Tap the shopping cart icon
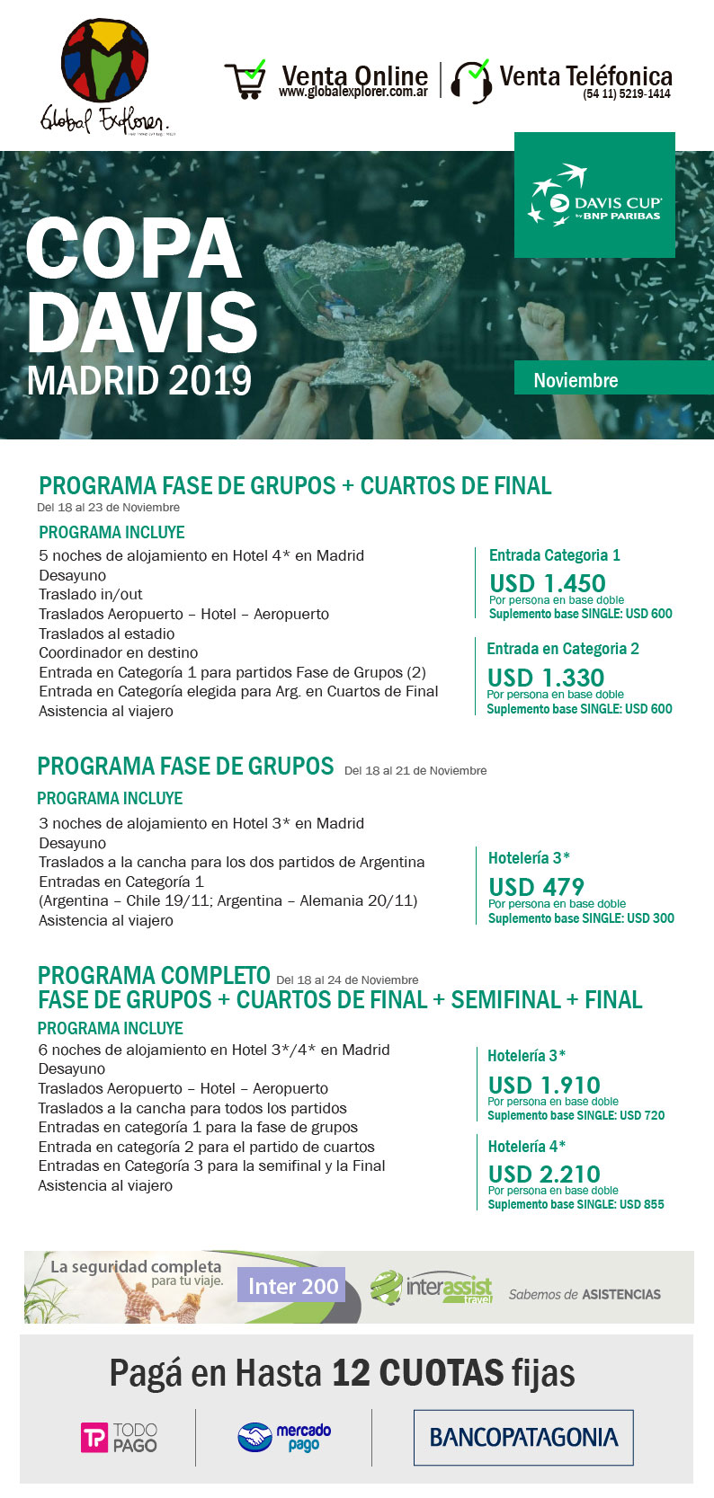pos(245,80)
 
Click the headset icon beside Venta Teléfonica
pos(471,82)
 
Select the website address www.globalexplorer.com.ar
pos(353,93)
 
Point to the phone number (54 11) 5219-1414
pos(626,93)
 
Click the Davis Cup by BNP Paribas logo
pos(594,195)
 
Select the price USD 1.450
pos(547,582)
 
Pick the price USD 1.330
pos(545,677)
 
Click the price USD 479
pos(536,886)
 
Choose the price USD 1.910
pos(543,1085)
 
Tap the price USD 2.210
pos(543,1174)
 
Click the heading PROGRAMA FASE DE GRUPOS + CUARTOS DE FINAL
pos(295,486)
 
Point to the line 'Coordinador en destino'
pos(118,652)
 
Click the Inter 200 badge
pos(293,1286)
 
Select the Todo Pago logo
pos(120,1437)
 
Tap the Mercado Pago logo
pos(284,1436)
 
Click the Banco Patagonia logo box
pos(523,1437)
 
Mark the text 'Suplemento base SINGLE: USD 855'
pos(576,1204)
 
